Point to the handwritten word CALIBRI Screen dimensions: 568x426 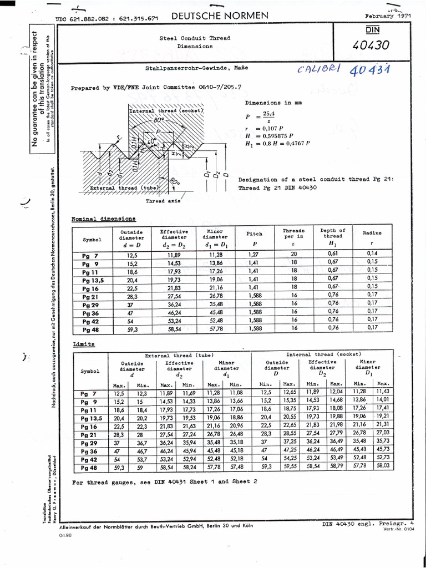[319, 70]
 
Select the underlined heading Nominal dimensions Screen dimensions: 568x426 [103, 219]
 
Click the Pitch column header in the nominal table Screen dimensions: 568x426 [254, 234]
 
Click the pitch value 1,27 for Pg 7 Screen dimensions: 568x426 [254, 255]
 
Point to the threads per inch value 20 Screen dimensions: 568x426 [294, 255]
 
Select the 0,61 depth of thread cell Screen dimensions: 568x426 [333, 255]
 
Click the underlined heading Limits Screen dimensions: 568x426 [83, 344]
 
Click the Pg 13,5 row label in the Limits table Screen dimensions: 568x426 [89, 418]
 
